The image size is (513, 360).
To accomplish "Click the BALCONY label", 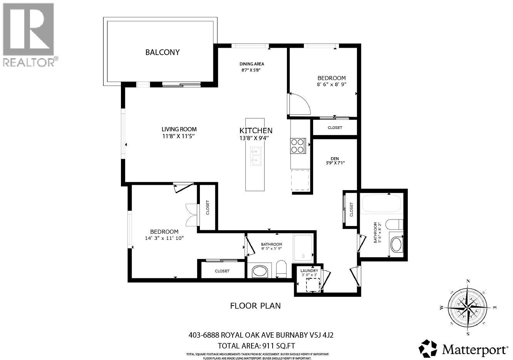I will pyautogui.click(x=162, y=52).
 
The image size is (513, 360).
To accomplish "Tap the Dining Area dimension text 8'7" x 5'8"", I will pyautogui.click(x=251, y=70).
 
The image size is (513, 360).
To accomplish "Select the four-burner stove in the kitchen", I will pyautogui.click(x=298, y=146).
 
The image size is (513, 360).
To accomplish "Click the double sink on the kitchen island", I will pyautogui.click(x=255, y=156).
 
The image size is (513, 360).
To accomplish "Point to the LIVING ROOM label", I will pyautogui.click(x=179, y=129).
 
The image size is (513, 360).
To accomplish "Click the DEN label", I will pyautogui.click(x=334, y=158).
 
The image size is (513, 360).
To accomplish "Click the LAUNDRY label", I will pyautogui.click(x=309, y=271).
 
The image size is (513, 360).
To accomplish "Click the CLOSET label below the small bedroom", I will pyautogui.click(x=335, y=128).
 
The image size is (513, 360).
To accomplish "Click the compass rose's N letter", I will pyautogui.click(x=468, y=281).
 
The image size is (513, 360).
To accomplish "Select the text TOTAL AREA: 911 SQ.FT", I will pyautogui.click(x=256, y=345).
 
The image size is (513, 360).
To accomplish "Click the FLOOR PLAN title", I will pyautogui.click(x=255, y=306).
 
